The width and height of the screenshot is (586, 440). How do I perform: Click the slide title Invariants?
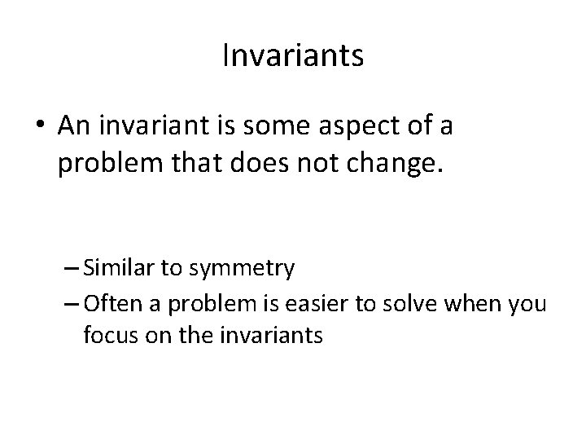tap(292, 56)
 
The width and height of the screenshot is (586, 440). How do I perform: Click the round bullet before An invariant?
tap(42, 128)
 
